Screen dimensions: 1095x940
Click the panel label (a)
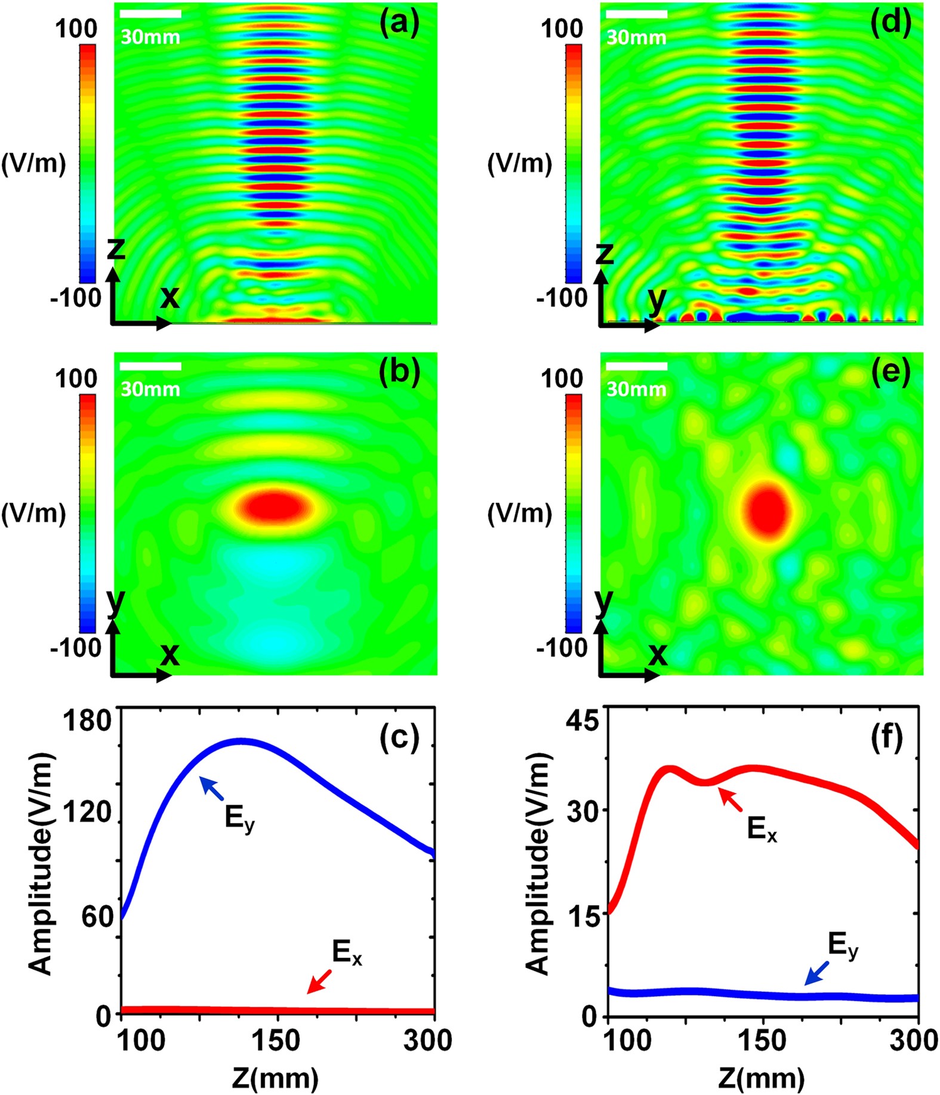click(400, 24)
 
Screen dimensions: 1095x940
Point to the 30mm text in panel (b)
click(150, 389)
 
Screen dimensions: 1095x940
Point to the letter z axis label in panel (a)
click(116, 249)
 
